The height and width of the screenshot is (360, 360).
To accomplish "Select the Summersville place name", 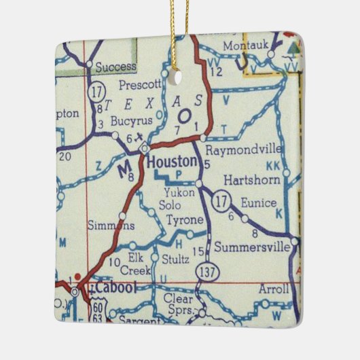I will pos(251,247).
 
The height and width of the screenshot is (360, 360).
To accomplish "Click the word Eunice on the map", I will pos(259,203).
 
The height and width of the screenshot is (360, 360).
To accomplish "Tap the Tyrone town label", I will pos(184,220).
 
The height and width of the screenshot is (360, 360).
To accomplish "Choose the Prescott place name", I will pos(140,85).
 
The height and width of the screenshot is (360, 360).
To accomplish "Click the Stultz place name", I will pos(176,259).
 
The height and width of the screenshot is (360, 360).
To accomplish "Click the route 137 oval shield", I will pos(204,271).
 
